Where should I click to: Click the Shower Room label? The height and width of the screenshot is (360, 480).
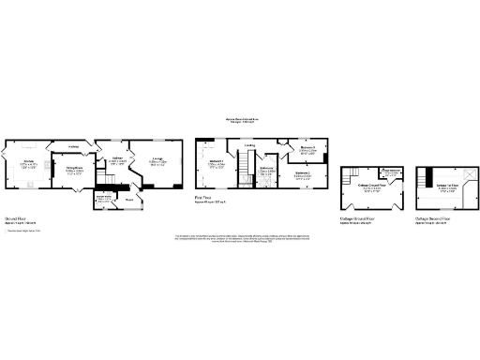click(103, 198)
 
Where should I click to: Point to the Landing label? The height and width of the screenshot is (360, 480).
click(250, 144)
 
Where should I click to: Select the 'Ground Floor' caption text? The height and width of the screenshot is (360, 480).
click(16, 217)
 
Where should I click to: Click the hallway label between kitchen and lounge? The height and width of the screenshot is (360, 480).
click(72, 146)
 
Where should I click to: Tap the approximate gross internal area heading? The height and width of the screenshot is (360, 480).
click(241, 120)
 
